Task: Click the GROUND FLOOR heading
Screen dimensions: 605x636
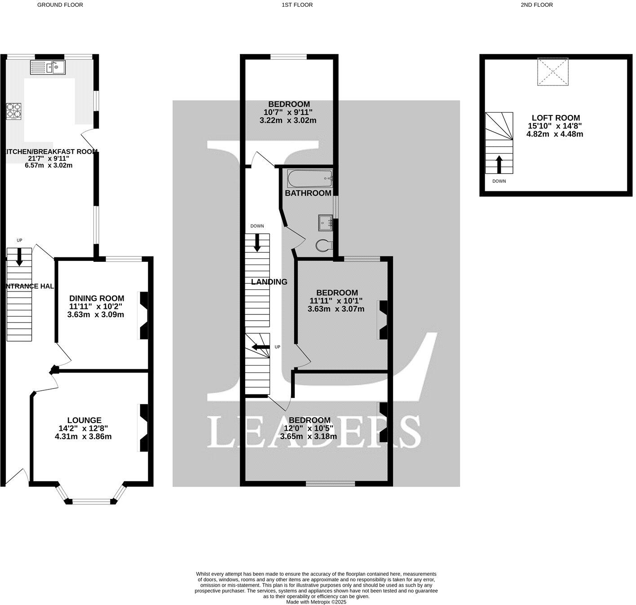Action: pos(60,5)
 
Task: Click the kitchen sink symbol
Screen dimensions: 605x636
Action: pos(48,67)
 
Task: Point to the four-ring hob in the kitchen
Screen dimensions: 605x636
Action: pos(13,111)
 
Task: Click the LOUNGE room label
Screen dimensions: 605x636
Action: pos(84,420)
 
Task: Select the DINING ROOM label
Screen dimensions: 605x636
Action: pos(97,298)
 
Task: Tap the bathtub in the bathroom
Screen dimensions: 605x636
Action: pos(310,179)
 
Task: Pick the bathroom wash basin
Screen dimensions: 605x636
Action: pos(325,222)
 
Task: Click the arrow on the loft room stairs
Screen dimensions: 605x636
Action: pos(499,164)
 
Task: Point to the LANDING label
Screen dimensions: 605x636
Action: pos(269,282)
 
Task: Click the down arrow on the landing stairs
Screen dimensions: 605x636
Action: pos(257,243)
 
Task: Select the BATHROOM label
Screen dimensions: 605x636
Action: pos(308,193)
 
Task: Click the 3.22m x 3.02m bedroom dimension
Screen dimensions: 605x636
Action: pos(288,120)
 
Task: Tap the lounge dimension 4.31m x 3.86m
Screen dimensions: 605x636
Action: pos(83,436)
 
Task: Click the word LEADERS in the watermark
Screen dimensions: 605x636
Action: pos(314,432)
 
